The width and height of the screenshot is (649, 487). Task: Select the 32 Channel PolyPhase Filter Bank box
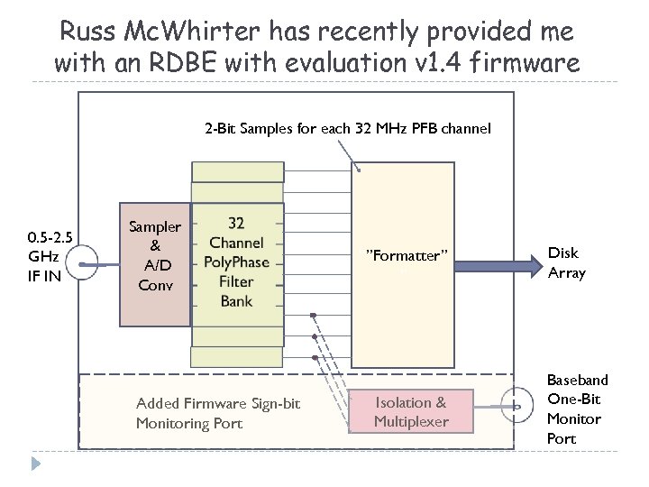(x=236, y=262)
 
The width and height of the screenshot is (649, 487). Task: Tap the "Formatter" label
(x=406, y=255)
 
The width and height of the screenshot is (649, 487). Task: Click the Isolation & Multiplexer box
(x=410, y=412)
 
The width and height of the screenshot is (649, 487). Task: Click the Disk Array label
(x=567, y=262)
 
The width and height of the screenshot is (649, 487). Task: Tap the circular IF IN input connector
(x=83, y=265)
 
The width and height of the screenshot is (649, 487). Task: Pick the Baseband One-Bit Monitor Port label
(x=578, y=409)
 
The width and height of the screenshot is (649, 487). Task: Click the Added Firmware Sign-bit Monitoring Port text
(x=218, y=413)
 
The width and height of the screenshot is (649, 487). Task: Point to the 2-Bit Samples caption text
(x=347, y=128)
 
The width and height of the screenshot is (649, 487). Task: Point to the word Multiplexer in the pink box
(x=410, y=422)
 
